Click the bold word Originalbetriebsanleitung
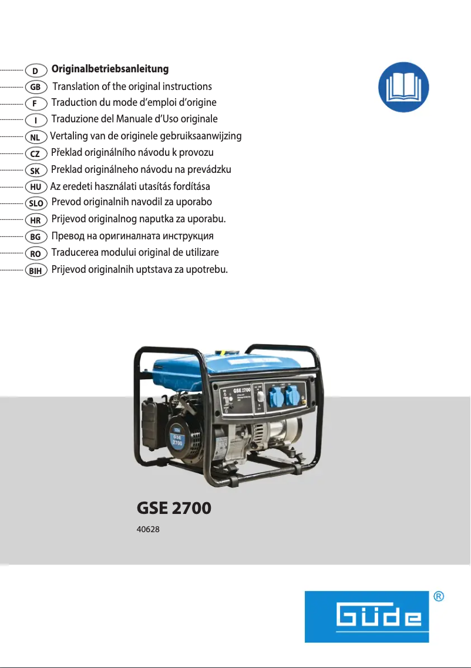pos(110,69)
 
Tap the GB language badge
pos(36,87)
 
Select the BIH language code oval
pos(36,271)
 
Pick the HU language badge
pos(36,187)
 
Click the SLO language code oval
pos(36,203)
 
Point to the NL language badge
pos(36,137)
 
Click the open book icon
pos(403,87)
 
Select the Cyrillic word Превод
pos(68,236)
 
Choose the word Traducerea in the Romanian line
pos(75,252)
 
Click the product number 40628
pos(148,529)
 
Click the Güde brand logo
pos(366,616)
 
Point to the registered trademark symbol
pos(438,596)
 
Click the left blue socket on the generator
pos(275,398)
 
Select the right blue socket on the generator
pos(293,398)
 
